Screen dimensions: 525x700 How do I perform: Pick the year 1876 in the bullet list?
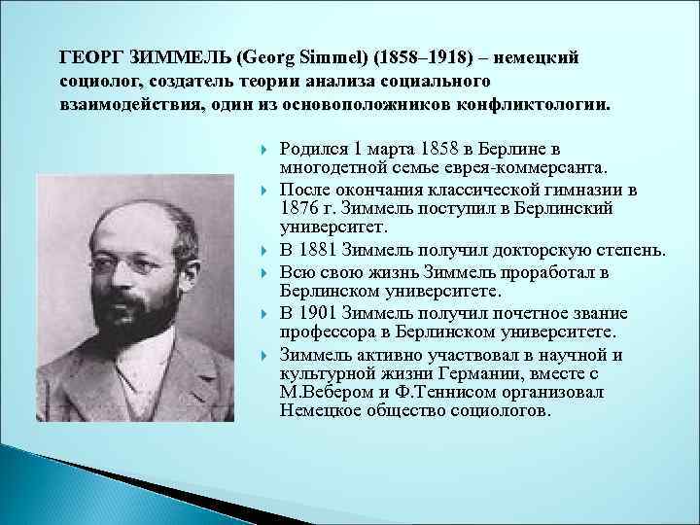point(298,208)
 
